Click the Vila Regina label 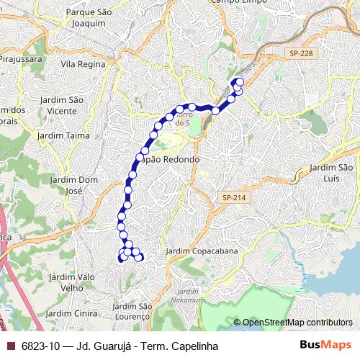pos(83,64)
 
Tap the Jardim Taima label pos(67,135)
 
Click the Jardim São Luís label pos(332,173)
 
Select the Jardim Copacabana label pos(202,251)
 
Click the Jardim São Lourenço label pos(132,312)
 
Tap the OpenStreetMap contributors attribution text pos(297,323)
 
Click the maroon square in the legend pos(10,346)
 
